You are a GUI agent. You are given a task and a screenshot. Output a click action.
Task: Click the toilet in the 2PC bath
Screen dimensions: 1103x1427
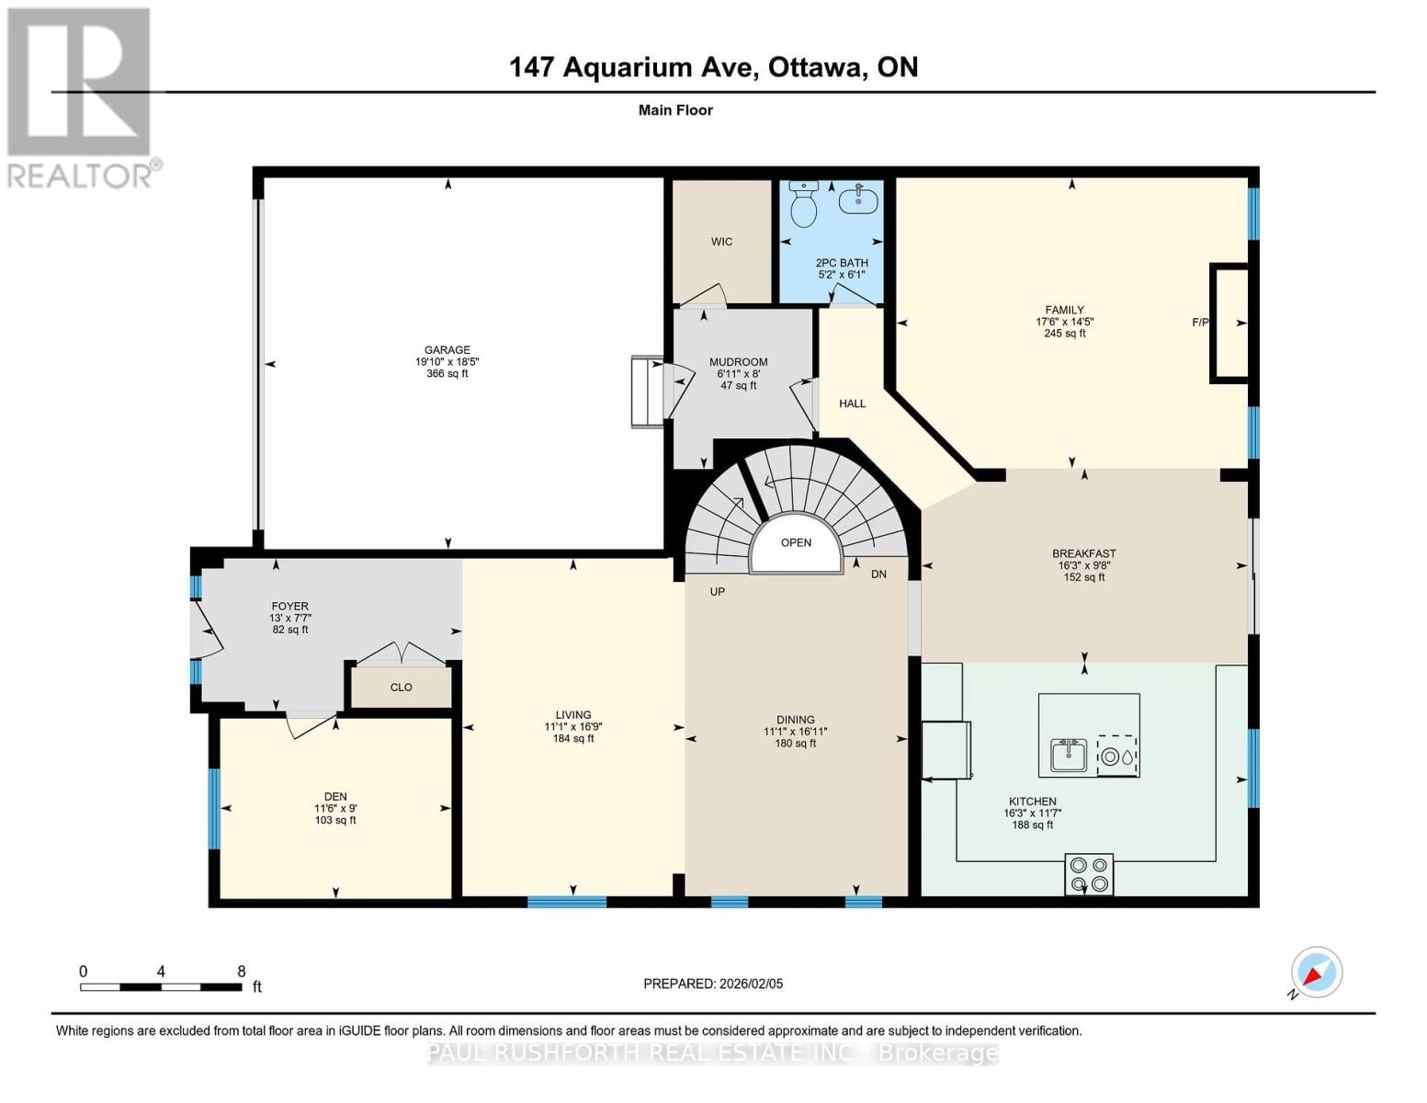click(x=804, y=204)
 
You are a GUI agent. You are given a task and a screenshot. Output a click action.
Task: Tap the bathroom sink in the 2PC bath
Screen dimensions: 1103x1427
click(x=858, y=198)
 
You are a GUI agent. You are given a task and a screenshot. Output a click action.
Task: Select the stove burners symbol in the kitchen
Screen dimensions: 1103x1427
click(x=1089, y=874)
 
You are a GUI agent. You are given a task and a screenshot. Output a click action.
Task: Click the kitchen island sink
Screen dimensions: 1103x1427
click(x=1069, y=756)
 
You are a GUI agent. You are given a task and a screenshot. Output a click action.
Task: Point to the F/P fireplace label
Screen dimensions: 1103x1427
click(x=1200, y=323)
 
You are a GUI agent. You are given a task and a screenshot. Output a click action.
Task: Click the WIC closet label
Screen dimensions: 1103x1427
click(x=721, y=242)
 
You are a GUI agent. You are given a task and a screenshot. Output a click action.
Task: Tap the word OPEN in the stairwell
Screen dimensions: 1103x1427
click(x=796, y=542)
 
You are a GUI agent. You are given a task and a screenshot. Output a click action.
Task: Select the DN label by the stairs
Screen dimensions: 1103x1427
click(x=878, y=574)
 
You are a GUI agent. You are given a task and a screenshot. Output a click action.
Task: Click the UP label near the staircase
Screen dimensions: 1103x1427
click(x=717, y=591)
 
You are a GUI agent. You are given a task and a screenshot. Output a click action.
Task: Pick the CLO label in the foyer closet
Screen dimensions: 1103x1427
click(x=401, y=688)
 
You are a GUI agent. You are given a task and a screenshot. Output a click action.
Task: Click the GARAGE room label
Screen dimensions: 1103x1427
click(x=447, y=349)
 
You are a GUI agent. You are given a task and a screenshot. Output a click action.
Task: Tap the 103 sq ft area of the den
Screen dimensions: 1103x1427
click(x=335, y=820)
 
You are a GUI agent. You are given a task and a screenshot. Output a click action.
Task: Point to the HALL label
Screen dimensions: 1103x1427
click(x=852, y=404)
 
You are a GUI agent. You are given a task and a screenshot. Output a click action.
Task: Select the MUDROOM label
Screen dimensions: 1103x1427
click(x=738, y=362)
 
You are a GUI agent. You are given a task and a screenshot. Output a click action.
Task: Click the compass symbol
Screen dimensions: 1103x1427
click(x=1317, y=972)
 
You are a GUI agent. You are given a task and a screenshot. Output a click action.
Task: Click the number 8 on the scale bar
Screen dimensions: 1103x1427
click(x=242, y=972)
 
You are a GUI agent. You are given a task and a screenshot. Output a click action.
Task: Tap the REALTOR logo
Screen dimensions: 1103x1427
click(x=80, y=97)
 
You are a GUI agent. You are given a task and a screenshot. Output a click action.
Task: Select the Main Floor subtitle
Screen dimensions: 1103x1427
click(x=675, y=110)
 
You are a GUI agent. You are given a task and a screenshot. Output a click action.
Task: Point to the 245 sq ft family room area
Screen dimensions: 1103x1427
click(x=1064, y=334)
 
